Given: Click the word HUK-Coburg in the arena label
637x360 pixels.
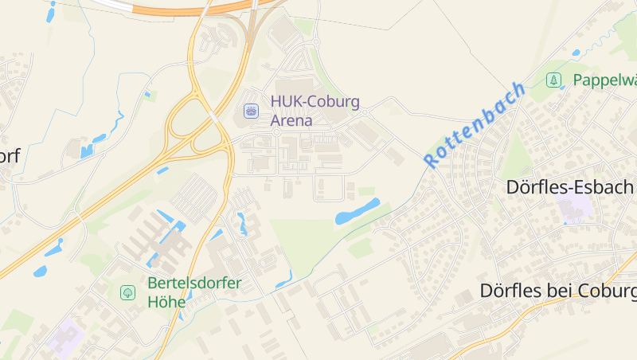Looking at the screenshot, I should pyautogui.click(x=315, y=102).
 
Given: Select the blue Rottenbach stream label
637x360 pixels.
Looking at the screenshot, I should pyautogui.click(x=475, y=124).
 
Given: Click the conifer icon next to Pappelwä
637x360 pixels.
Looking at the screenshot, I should pyautogui.click(x=553, y=80).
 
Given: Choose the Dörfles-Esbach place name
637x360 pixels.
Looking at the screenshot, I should pyautogui.click(x=570, y=187).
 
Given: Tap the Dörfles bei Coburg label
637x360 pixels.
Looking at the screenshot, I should pyautogui.click(x=557, y=292).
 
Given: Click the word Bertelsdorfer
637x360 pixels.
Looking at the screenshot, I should pyautogui.click(x=194, y=283).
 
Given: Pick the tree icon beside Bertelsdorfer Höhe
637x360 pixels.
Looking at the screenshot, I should pyautogui.click(x=127, y=292).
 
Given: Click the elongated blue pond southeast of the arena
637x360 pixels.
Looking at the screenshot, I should pyautogui.click(x=358, y=211).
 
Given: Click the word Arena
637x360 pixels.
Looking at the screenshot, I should pyautogui.click(x=291, y=121).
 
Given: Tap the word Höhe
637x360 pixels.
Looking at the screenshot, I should pyautogui.click(x=166, y=302).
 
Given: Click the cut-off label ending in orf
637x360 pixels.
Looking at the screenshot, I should pyautogui.click(x=10, y=155).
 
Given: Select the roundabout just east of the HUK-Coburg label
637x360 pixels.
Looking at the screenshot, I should pyautogui.click(x=365, y=113).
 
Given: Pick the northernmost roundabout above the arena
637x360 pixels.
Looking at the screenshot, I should pyautogui.click(x=315, y=42).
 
